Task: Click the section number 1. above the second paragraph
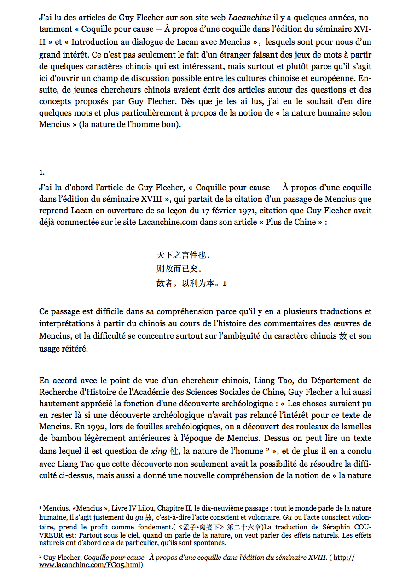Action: point(42,172)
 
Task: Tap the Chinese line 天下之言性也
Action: point(184,255)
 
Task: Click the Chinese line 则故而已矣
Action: point(179,269)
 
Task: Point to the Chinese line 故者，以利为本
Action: point(188,283)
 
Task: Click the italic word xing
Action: point(160,451)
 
